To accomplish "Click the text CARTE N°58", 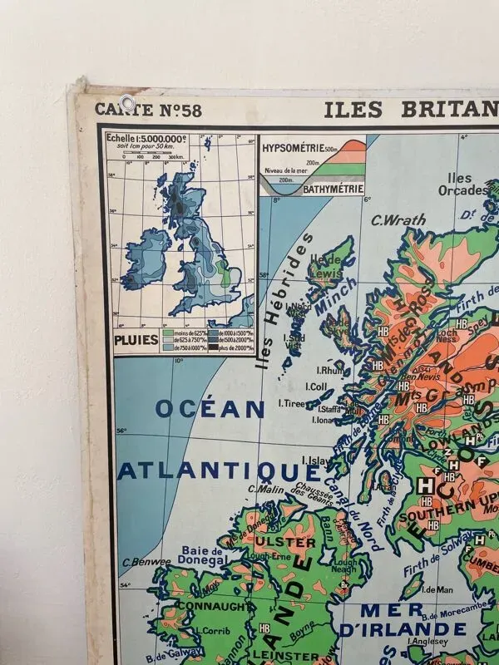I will tap(147, 110).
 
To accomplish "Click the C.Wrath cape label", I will tap(398, 220).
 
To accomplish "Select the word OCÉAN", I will tap(210, 408).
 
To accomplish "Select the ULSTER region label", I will tap(289, 542).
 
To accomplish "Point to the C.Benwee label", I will tap(146, 562).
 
